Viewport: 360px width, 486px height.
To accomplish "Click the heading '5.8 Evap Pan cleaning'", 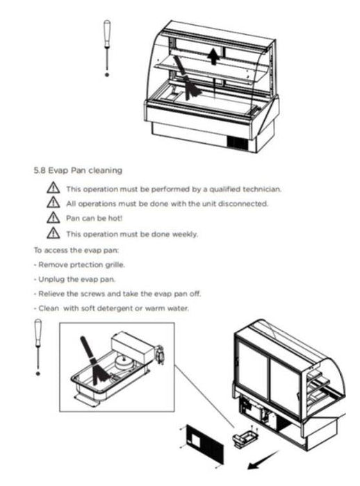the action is pyautogui.click(x=78, y=170).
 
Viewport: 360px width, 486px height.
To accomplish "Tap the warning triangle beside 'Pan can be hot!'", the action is pyautogui.click(x=54, y=217).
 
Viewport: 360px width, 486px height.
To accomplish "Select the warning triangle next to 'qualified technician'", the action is pyautogui.click(x=54, y=188).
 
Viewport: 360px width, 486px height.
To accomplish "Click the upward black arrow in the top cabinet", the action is pyautogui.click(x=213, y=56).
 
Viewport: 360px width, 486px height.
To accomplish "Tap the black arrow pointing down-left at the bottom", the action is pyautogui.click(x=263, y=460).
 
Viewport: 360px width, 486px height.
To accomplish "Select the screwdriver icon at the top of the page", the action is pyautogui.click(x=107, y=48).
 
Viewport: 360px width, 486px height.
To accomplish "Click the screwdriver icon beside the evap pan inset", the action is pyautogui.click(x=38, y=347).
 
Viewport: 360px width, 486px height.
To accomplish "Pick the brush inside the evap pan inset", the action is pyautogui.click(x=95, y=361).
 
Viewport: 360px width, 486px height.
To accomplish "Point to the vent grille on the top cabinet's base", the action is pyautogui.click(x=238, y=143).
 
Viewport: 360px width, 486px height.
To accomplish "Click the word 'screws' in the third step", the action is pyautogui.click(x=92, y=294).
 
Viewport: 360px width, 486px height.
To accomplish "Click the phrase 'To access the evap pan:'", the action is pyautogui.click(x=76, y=250).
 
